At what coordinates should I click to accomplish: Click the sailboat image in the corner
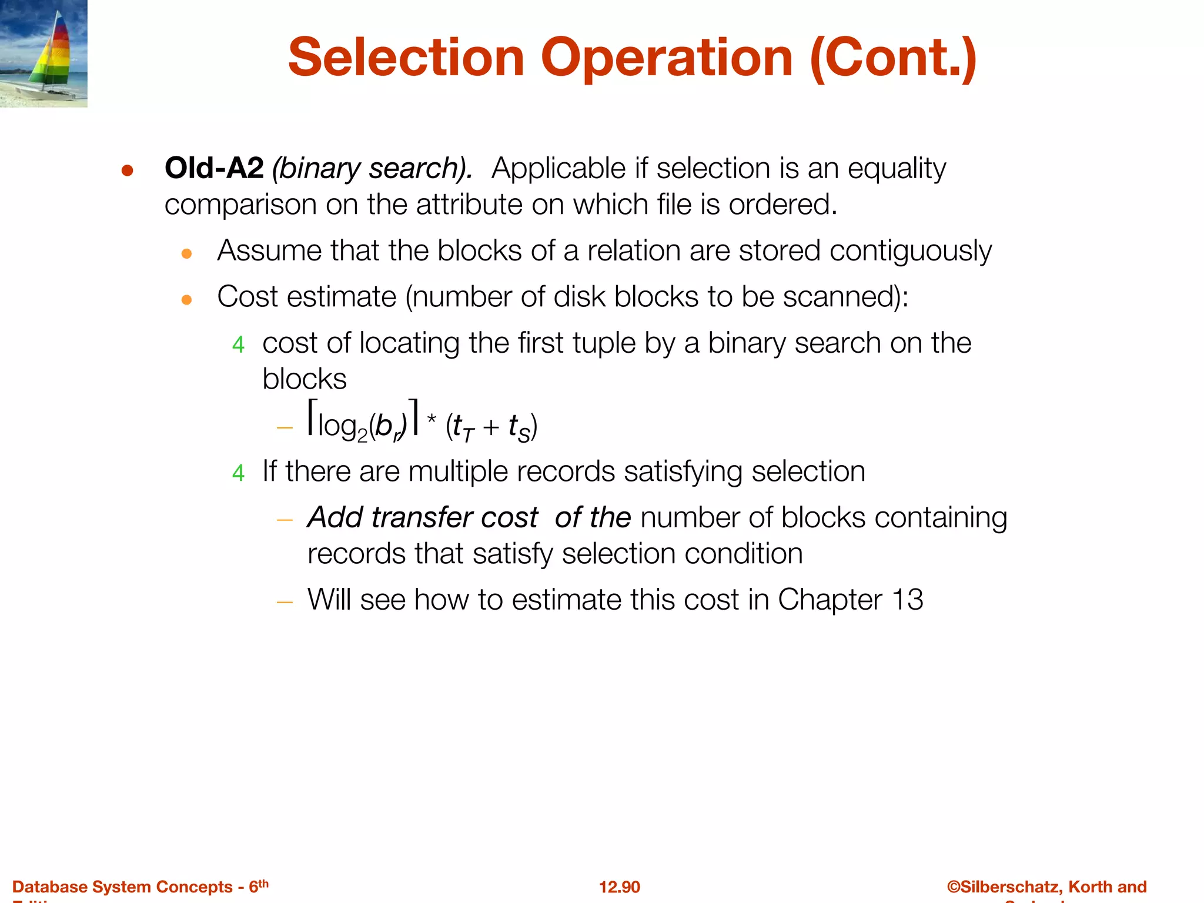coord(44,53)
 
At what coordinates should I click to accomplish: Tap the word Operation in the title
coord(667,58)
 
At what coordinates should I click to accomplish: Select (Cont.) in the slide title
coord(893,58)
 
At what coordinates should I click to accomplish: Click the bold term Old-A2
coord(214,169)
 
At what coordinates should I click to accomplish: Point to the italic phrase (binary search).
coord(372,169)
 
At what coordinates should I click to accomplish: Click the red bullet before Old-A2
coord(128,171)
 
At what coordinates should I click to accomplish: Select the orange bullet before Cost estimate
coord(187,300)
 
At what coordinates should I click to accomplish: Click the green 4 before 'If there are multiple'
coord(238,473)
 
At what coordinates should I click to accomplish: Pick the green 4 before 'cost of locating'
coord(238,345)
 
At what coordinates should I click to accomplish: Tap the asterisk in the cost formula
coord(432,420)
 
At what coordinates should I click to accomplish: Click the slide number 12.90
coord(619,887)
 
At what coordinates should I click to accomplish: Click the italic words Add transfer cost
coord(422,518)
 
